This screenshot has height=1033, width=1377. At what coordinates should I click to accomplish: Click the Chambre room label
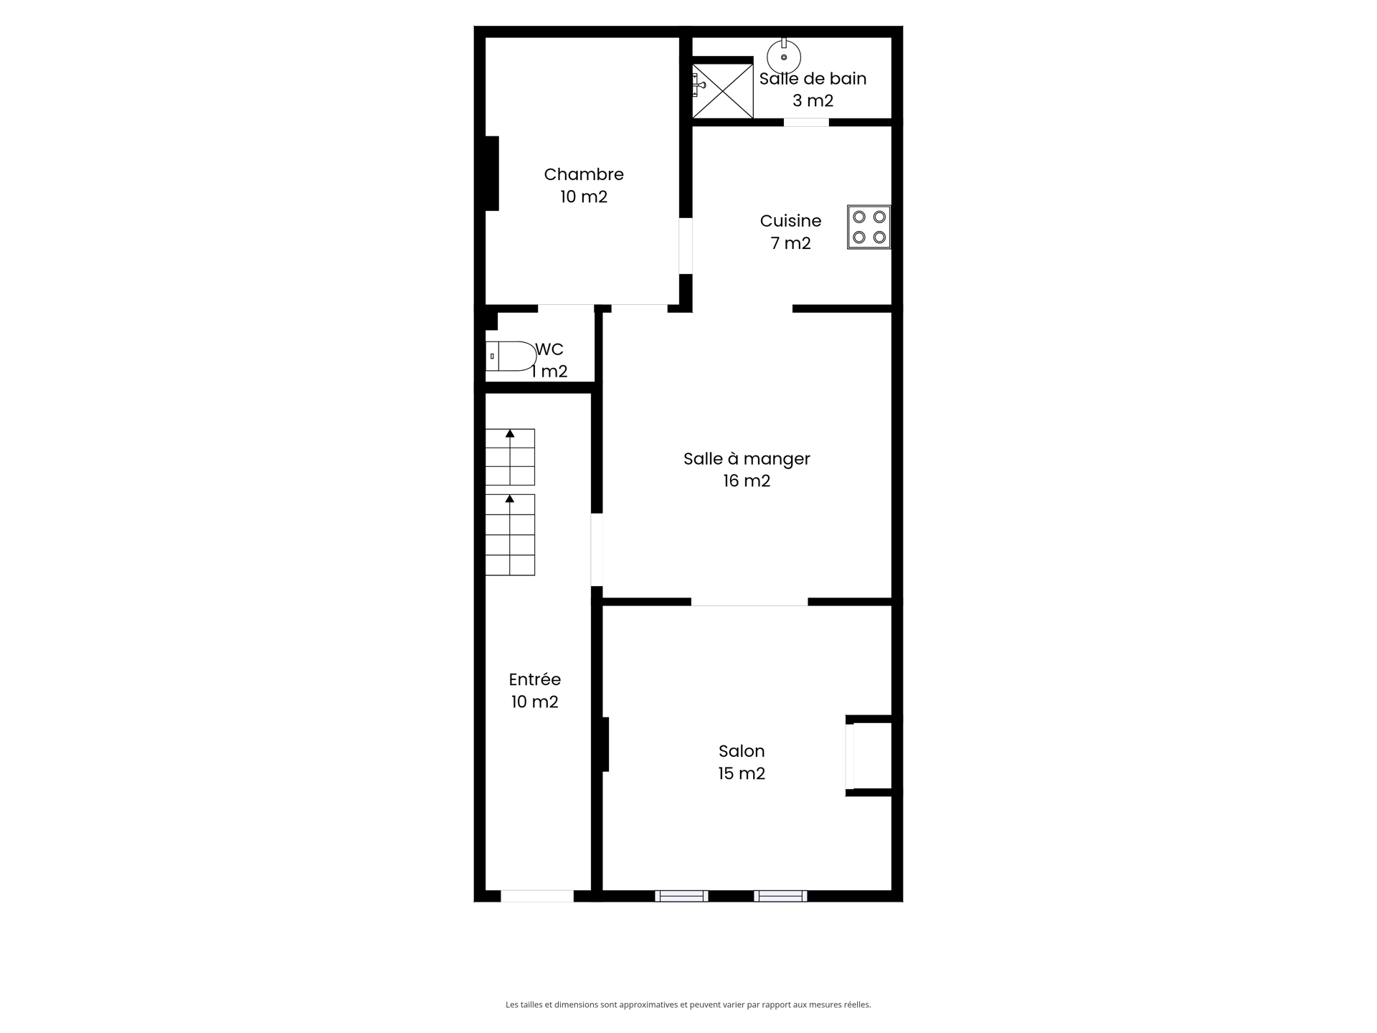pos(583,174)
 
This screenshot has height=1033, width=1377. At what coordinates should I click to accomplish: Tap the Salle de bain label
pos(813,79)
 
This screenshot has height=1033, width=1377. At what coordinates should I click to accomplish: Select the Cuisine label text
pos(790,221)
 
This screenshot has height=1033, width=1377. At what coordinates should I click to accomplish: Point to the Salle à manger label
pos(747,459)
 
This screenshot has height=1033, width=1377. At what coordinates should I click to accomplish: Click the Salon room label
pos(742,751)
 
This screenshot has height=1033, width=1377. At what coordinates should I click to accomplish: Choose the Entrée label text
pos(534,679)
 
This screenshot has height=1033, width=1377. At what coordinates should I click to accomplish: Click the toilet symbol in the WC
pos(511,357)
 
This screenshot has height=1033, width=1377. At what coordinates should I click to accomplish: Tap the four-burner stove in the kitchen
pos(869,227)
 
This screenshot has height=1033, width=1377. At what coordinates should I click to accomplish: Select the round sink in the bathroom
pos(784,57)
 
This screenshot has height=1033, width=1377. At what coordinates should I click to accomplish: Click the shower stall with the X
pos(722,91)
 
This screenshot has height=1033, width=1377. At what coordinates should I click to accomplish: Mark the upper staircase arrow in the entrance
pos(510,434)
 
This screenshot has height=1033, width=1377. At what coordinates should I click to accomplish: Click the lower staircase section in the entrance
pos(510,535)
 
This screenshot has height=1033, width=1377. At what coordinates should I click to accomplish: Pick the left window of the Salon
pos(681,896)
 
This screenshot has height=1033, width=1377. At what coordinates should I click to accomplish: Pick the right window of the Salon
pos(780,896)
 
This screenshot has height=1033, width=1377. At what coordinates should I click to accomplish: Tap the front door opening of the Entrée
pos(537,896)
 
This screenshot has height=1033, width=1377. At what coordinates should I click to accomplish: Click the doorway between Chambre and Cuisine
pos(686,246)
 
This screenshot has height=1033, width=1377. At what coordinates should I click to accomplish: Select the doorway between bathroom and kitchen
pos(806,123)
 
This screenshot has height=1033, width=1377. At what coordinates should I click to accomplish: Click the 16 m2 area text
pos(747,481)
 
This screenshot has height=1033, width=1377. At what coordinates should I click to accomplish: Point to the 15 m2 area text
pos(742,774)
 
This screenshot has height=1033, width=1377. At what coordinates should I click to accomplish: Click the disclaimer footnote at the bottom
pos(688,1005)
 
